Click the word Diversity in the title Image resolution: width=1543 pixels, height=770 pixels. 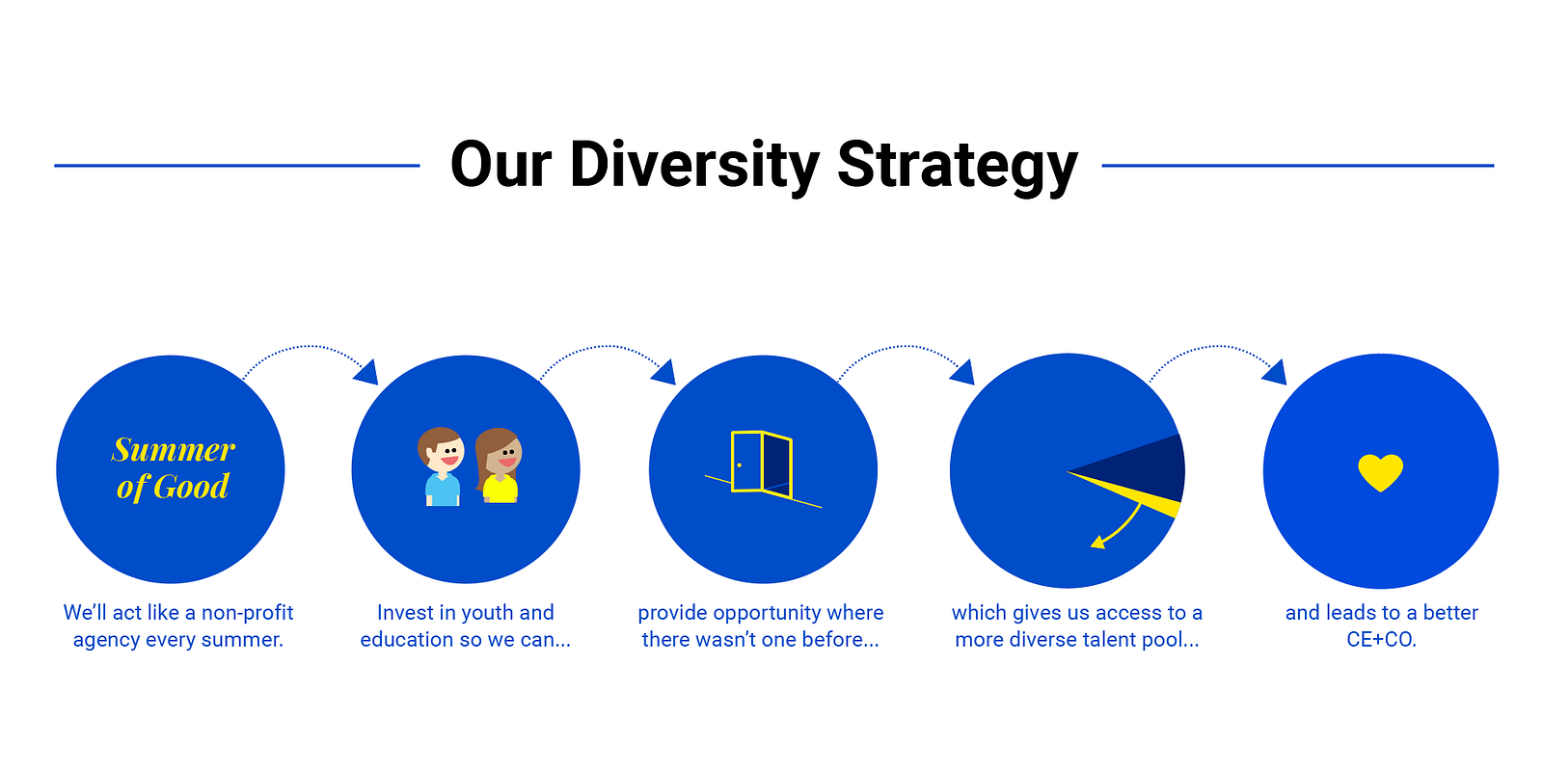[694, 165]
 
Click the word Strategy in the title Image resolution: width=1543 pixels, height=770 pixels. [958, 165]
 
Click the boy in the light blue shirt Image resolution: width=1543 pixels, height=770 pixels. [441, 466]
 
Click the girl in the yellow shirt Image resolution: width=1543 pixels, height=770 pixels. [499, 466]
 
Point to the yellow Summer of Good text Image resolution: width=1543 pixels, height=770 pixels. [173, 468]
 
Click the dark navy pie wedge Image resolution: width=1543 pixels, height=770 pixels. [1138, 469]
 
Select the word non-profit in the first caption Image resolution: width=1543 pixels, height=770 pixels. [247, 612]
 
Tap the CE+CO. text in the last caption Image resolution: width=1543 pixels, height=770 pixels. [1381, 639]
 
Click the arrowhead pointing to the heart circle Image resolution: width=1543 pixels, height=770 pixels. [1275, 372]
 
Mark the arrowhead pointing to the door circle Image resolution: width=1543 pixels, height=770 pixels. [664, 372]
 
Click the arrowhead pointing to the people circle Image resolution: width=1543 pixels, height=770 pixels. [366, 372]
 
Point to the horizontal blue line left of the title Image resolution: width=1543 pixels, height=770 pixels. [237, 165]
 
